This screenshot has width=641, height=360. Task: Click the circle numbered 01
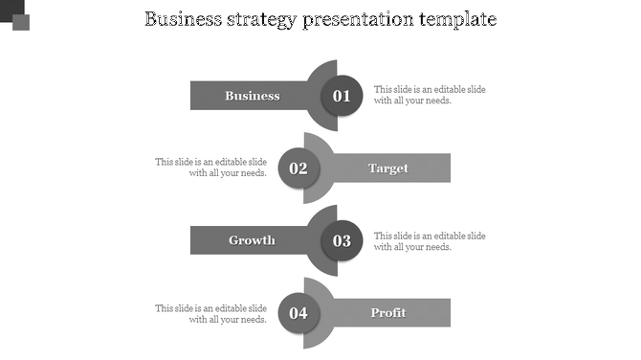[342, 96]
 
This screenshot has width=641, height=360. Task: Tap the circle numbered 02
[298, 169]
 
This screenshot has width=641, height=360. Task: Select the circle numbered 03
[342, 240]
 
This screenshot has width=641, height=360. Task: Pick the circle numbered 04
[298, 312]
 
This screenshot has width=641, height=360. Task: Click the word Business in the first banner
[253, 96]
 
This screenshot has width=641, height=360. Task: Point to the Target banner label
[388, 169]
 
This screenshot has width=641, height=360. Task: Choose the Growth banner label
[252, 240]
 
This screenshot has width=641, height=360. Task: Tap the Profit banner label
[388, 312]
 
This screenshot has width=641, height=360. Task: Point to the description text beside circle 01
[430, 95]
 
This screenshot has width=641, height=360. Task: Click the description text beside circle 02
[211, 168]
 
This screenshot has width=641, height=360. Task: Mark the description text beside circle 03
[430, 241]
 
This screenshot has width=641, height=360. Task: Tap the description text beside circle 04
[211, 314]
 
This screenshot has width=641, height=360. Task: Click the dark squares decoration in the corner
[14, 14]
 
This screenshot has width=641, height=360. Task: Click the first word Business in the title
[182, 19]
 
